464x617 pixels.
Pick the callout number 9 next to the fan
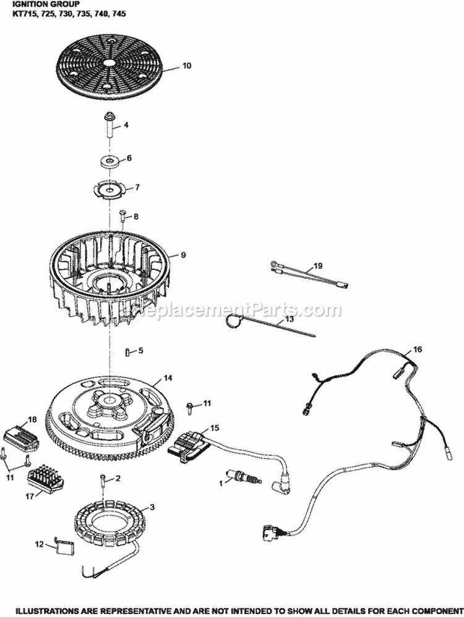183,254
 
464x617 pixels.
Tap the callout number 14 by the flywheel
168,378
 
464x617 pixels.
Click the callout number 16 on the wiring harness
418,350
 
